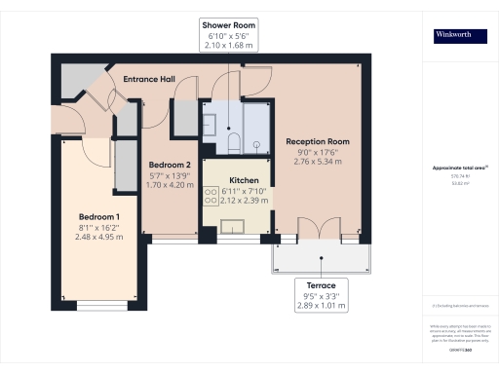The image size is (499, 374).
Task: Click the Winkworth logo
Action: (460, 36)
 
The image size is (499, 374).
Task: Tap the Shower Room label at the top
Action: (227, 24)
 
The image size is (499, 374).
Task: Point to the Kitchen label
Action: (243, 181)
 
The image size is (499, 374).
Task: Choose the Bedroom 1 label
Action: (98, 215)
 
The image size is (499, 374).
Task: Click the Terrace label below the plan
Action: (322, 286)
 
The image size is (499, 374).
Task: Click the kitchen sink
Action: (234, 228)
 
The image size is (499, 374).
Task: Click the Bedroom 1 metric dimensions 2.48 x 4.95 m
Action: (98, 237)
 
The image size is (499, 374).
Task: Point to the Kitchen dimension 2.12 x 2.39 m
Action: (243, 202)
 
